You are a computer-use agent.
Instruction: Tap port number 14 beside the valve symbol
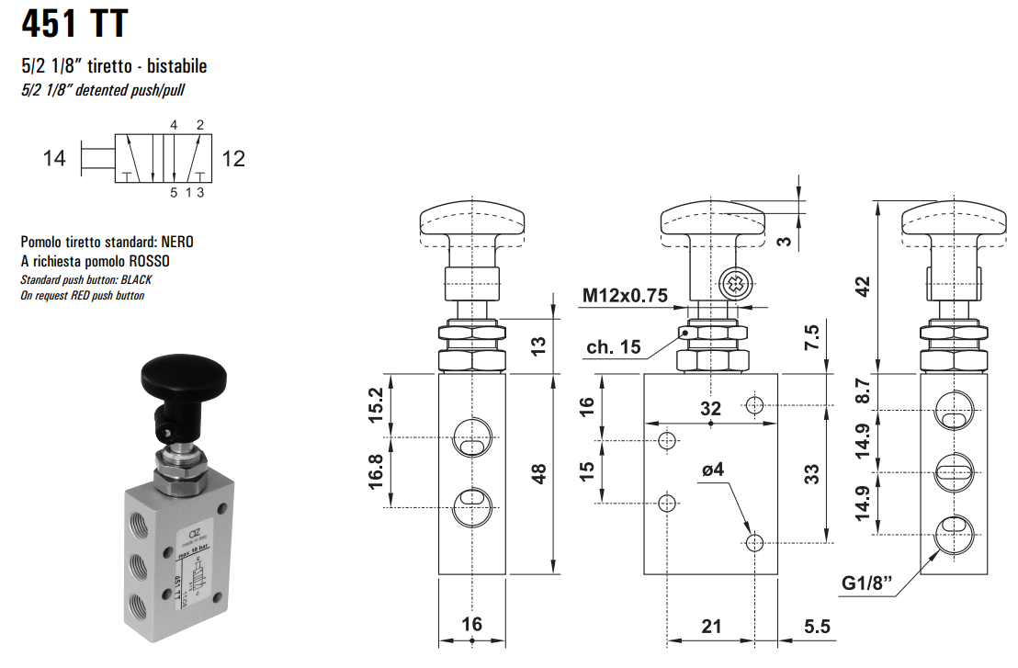(54, 159)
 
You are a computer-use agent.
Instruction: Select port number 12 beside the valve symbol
(233, 159)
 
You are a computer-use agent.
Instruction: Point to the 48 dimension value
(539, 473)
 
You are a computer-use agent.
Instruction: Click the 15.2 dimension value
(376, 403)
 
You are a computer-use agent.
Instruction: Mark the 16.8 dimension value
(376, 471)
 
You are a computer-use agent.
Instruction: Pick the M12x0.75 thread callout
(625, 295)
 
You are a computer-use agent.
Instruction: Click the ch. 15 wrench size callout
(613, 346)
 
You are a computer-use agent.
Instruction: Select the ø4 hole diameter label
(713, 470)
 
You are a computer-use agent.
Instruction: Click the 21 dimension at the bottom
(711, 627)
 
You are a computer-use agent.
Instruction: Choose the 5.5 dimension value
(818, 627)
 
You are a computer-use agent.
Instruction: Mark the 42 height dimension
(862, 287)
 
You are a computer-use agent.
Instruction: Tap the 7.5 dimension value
(811, 338)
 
